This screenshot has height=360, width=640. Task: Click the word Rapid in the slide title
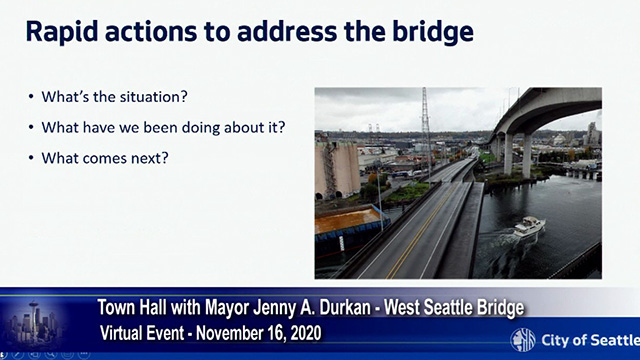65,32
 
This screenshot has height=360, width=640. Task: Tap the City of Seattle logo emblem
523,338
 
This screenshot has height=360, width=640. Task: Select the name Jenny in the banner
275,304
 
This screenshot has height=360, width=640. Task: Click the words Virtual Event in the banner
150,330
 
